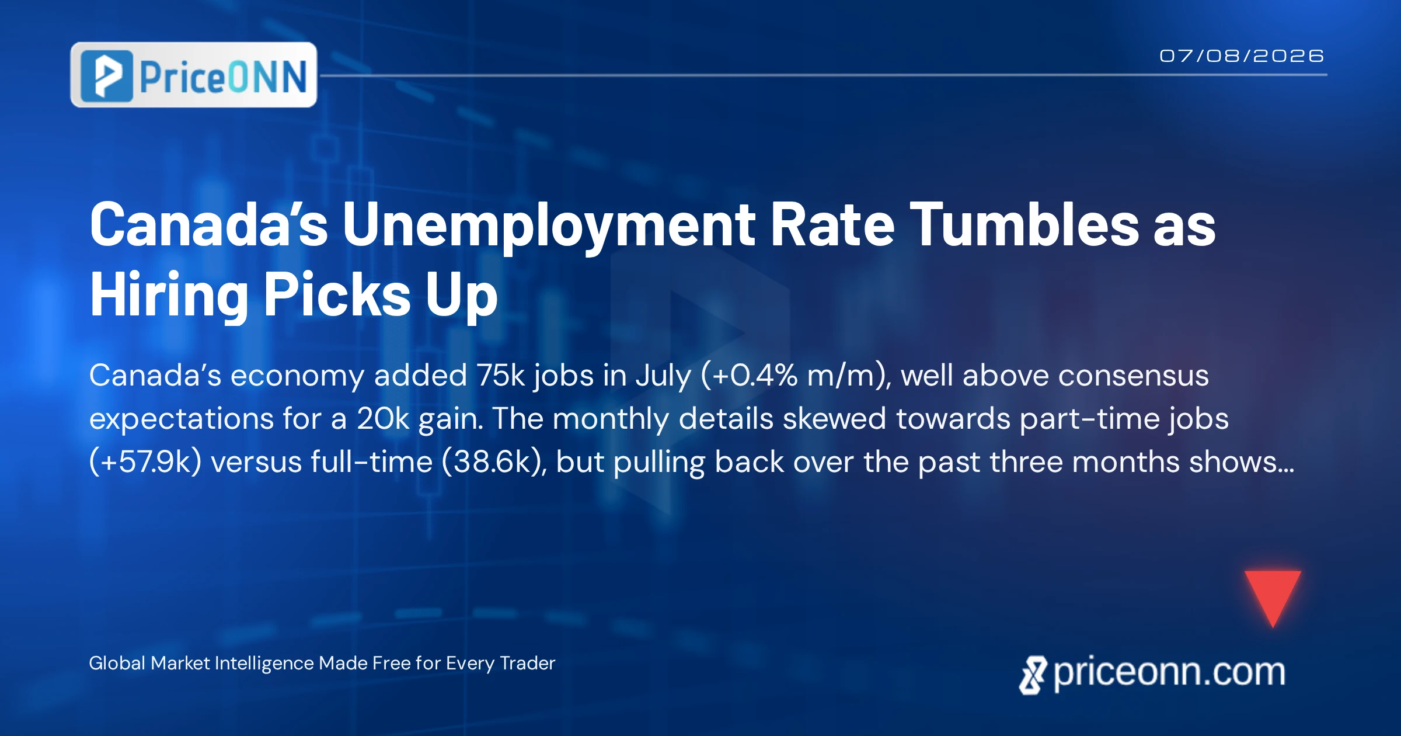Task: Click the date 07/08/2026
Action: click(1242, 56)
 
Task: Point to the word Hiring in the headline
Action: click(169, 296)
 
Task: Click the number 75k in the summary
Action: click(501, 376)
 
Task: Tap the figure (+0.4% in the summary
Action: click(749, 376)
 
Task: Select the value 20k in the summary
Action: click(383, 419)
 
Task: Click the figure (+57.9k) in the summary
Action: click(145, 462)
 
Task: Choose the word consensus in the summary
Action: click(1134, 376)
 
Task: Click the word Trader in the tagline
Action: click(528, 664)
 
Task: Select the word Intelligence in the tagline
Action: click(264, 664)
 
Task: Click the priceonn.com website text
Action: click(1169, 673)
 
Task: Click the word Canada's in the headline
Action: click(209, 225)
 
